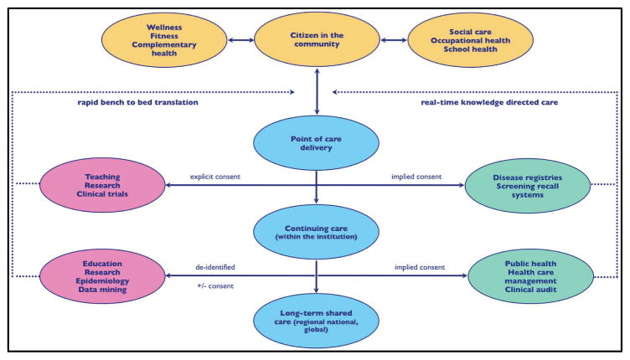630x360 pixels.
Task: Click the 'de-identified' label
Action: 217,266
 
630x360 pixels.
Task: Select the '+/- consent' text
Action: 216,287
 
